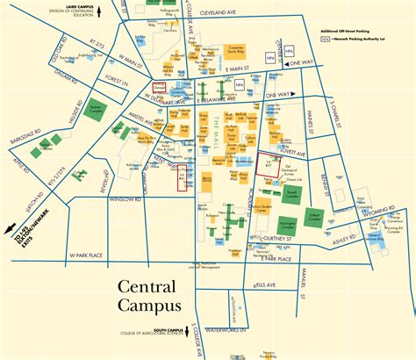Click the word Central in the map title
coord(149,287)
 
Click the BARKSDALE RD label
coord(20,137)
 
